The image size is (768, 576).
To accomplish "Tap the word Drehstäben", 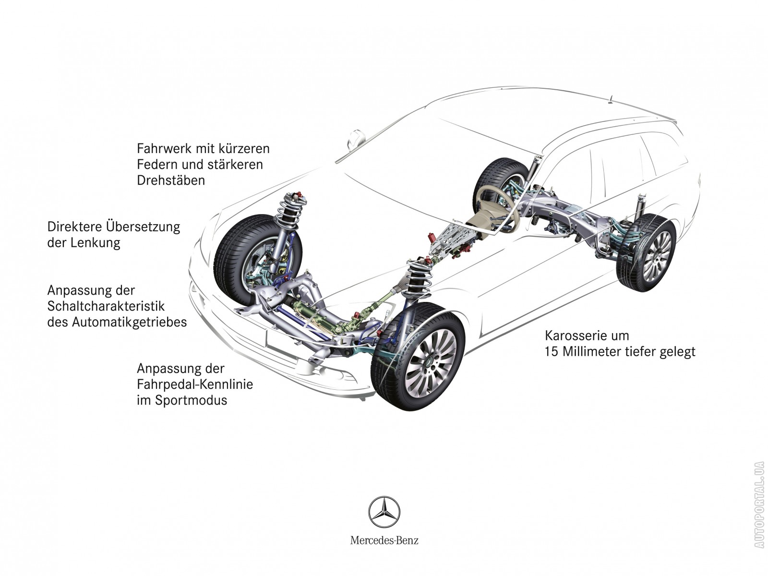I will (x=170, y=180).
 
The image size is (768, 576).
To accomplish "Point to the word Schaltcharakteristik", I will (x=106, y=306).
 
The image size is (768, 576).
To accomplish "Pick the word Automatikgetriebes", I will (x=129, y=322).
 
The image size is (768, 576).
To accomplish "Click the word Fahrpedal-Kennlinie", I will (x=194, y=384).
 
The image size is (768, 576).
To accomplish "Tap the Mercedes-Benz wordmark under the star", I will (x=384, y=540).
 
